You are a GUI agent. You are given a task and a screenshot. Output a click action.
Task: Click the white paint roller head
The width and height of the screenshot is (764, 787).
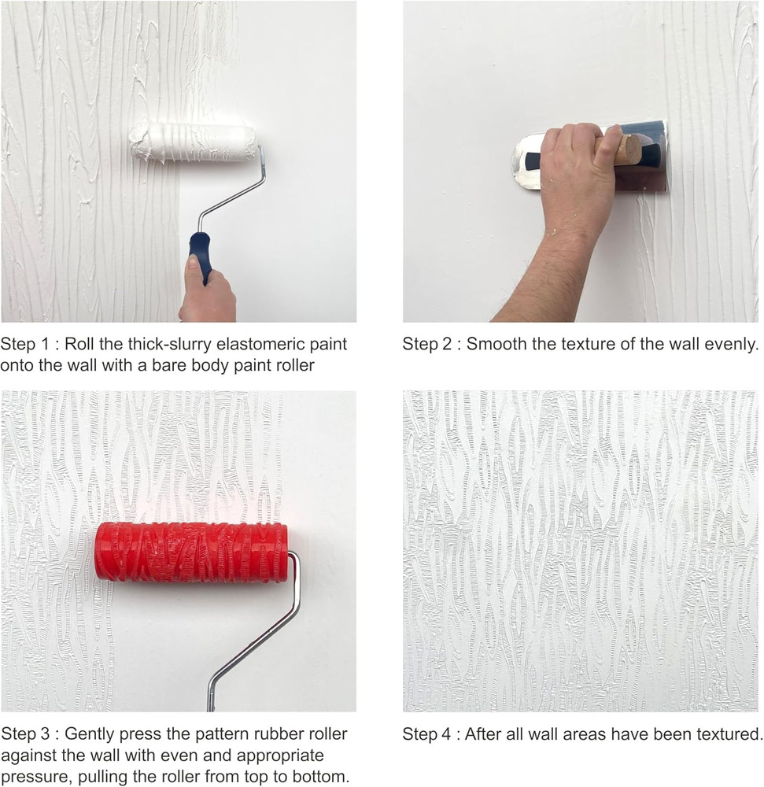point(193,142)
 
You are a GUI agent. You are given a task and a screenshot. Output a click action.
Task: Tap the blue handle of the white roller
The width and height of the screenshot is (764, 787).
point(200,254)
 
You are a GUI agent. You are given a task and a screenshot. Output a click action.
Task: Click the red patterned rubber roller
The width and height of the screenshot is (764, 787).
point(191,552)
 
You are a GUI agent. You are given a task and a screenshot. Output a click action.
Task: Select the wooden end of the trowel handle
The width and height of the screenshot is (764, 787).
point(627,150)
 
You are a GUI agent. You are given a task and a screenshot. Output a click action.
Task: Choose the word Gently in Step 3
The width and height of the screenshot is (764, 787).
point(88,734)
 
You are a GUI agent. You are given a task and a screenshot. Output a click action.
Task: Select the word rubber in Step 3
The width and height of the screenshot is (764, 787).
point(266,734)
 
